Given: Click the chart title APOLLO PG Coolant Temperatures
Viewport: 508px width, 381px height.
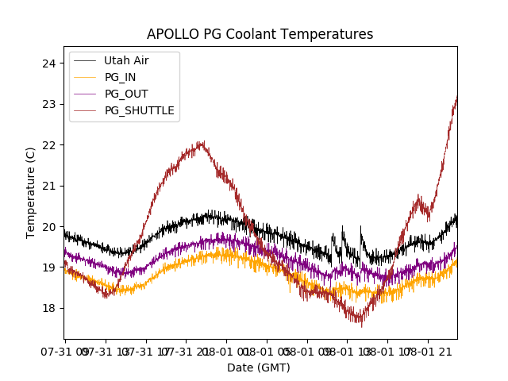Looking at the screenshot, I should pyautogui.click(x=260, y=34).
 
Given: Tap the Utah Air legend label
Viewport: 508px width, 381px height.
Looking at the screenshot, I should pyautogui.click(x=126, y=60).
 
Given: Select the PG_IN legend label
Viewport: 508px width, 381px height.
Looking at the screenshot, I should pyautogui.click(x=121, y=77).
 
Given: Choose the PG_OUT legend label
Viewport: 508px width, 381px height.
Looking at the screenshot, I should pyautogui.click(x=126, y=94).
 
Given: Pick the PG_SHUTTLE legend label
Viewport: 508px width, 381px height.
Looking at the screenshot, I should pyautogui.click(x=140, y=110).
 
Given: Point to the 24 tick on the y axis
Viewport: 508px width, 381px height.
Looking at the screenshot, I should pyautogui.click(x=49, y=63).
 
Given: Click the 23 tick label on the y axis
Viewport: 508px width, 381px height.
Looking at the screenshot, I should pyautogui.click(x=49, y=104).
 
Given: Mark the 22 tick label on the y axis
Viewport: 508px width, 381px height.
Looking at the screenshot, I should pyautogui.click(x=49, y=145).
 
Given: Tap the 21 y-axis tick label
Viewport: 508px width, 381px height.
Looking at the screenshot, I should pyautogui.click(x=49, y=186).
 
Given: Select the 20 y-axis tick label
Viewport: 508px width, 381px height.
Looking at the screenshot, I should pyautogui.click(x=49, y=227).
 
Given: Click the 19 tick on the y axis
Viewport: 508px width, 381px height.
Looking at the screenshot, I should pyautogui.click(x=49, y=267).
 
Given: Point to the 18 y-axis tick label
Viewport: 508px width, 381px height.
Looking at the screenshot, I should pyautogui.click(x=49, y=308).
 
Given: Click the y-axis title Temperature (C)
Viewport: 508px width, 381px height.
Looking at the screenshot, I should pyautogui.click(x=31, y=192).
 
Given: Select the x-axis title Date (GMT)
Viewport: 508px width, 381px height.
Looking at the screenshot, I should pyautogui.click(x=259, y=368).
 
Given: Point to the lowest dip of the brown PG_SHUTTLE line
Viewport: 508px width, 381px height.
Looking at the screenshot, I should pyautogui.click(x=361, y=324).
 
